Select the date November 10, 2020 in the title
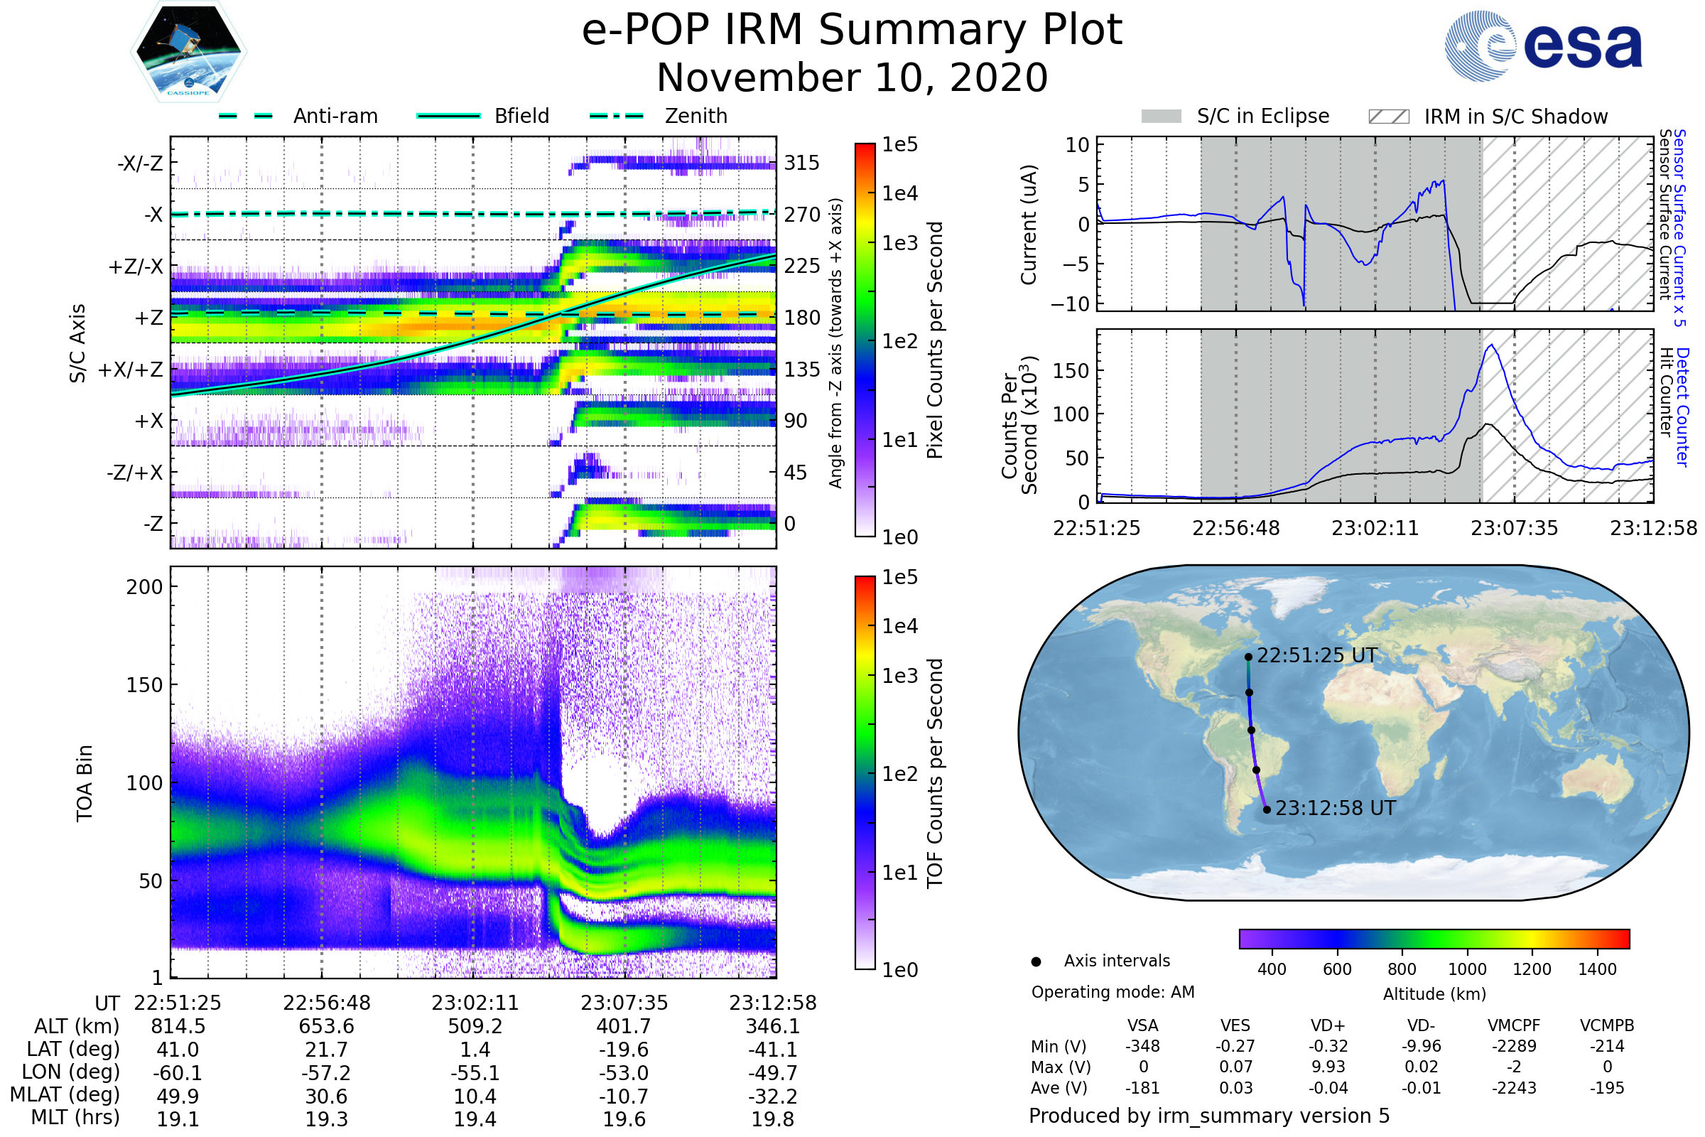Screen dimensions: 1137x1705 852,77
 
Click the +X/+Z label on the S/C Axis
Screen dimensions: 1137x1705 131,370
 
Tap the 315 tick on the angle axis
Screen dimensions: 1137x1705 802,163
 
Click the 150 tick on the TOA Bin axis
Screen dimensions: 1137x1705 145,685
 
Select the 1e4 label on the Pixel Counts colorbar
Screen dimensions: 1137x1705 899,193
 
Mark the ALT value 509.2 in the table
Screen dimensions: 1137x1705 475,1027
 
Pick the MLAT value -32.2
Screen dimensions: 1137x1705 773,1096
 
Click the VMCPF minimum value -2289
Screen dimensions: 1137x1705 1514,1046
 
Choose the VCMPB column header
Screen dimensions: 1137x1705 1606,1026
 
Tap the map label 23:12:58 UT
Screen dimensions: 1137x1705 1336,809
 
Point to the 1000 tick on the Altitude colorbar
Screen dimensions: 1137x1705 1466,969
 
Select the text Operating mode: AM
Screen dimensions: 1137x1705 1113,992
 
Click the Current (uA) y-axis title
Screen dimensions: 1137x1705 1029,225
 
